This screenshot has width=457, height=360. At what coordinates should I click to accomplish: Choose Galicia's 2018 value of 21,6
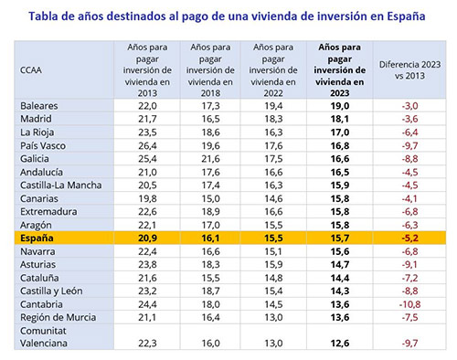pos(212,158)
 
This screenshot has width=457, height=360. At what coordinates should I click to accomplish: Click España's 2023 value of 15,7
pos(339,238)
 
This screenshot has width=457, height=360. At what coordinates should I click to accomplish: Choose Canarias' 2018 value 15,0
pos(212,197)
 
